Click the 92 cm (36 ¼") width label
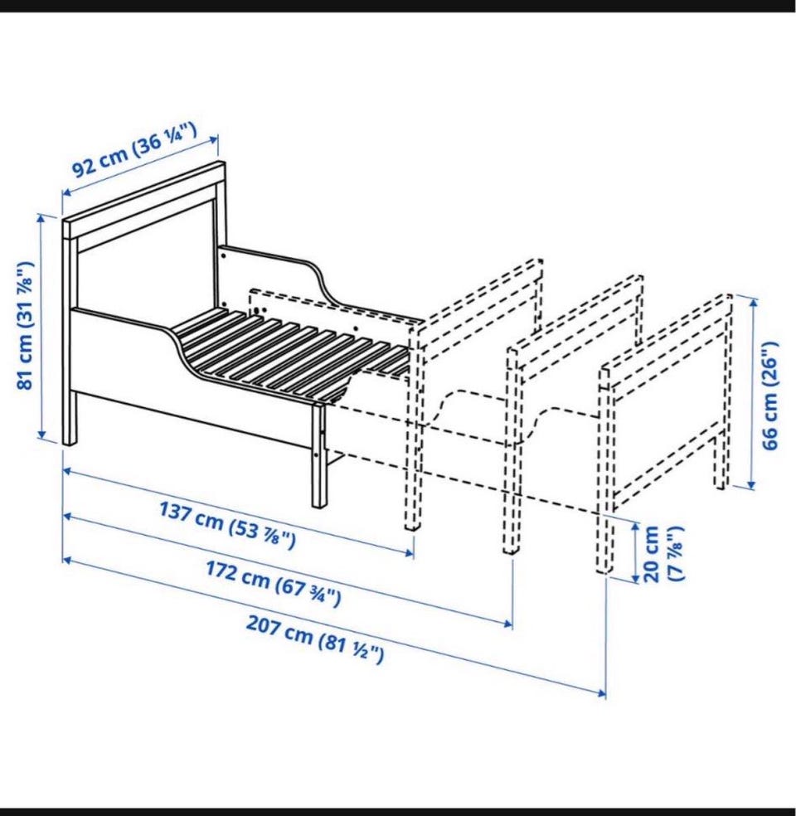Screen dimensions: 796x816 (x=134, y=149)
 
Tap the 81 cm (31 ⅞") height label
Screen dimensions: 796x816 (x=25, y=325)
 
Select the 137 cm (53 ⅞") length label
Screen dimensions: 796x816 (x=227, y=525)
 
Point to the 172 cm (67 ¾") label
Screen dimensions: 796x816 (x=274, y=583)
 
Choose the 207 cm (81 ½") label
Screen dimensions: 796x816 (x=315, y=639)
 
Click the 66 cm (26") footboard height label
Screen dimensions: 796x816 (x=770, y=395)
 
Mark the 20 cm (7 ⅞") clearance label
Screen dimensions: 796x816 (x=663, y=553)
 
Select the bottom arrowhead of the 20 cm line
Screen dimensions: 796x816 (x=634, y=578)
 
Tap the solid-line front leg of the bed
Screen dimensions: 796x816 (x=319, y=456)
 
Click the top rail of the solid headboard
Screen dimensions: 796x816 (x=144, y=200)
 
